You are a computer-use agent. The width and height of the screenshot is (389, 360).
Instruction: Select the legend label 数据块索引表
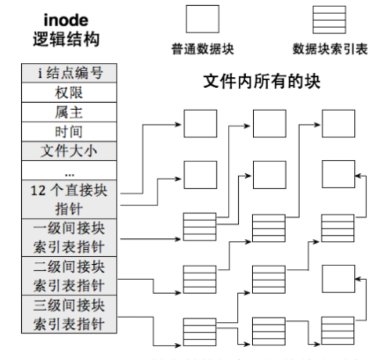[x=330, y=49]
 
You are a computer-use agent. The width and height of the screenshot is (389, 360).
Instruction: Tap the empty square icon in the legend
[x=201, y=18]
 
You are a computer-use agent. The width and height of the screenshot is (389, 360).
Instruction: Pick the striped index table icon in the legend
[x=328, y=18]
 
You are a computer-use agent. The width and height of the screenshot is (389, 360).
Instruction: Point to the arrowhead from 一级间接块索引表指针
[x=179, y=238]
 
